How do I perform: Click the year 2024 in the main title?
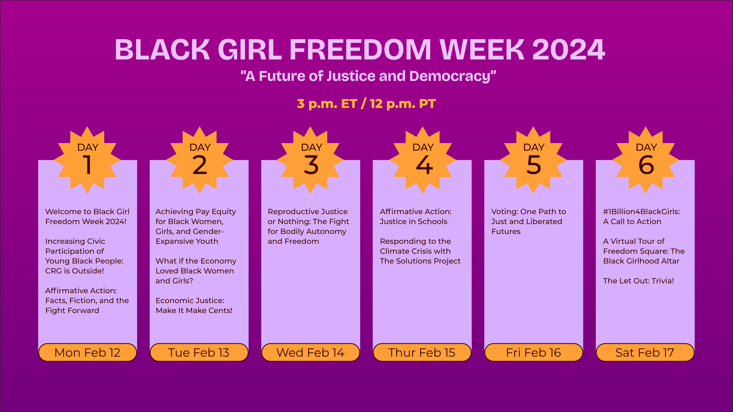coord(568,50)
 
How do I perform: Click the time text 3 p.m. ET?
coord(327,104)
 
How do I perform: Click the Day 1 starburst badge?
coord(87,160)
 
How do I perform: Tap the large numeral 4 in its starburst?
coord(424,165)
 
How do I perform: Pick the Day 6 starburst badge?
coord(646,160)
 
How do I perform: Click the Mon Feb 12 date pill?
coord(87,353)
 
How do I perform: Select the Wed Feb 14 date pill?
coord(310,353)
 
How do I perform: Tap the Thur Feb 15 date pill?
coord(422,353)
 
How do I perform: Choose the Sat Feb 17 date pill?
coord(645,353)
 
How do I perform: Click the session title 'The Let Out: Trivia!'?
coord(638,281)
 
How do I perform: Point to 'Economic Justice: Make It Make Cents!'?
coord(194,305)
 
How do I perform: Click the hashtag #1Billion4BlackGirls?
coord(641,212)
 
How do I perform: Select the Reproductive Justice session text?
coord(308,226)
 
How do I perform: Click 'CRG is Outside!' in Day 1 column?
coord(74,271)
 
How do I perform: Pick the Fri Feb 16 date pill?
coord(533,353)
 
